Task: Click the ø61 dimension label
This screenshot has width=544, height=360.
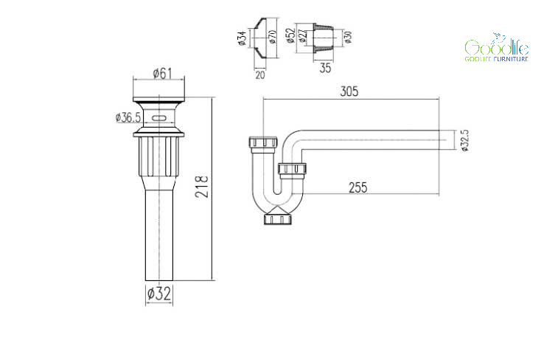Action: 162,73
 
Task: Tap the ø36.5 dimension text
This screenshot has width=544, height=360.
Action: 128,117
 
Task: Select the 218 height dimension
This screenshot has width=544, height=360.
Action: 201,187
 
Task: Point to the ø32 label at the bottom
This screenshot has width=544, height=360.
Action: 159,294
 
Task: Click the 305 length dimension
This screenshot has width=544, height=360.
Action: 349,91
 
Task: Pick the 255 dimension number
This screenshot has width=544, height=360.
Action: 358,187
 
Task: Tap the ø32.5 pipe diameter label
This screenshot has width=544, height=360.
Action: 465,140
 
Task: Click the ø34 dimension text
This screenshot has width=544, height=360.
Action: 243,38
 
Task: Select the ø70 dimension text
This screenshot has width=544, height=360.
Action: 273,36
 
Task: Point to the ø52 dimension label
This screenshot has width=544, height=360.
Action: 290,35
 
